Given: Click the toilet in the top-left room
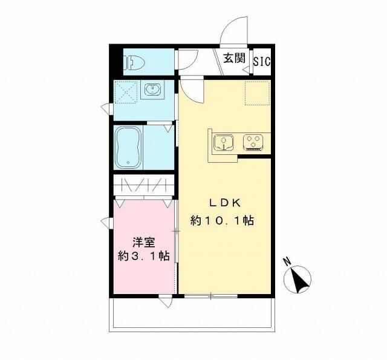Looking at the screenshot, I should (x=134, y=61).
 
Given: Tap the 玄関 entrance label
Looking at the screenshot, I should (x=234, y=59).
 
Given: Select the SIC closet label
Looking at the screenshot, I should (x=262, y=61).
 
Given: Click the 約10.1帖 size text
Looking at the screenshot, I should (x=222, y=221).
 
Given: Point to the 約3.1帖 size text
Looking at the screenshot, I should (x=143, y=256).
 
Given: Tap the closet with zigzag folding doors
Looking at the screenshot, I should (x=143, y=185).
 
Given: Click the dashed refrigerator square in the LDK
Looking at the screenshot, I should (x=255, y=92).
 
